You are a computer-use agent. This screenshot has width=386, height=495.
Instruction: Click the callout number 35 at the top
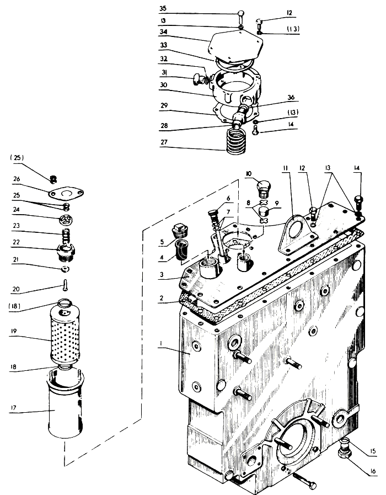[x=163, y=8]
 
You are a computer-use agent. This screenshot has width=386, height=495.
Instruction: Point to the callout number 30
[x=163, y=85]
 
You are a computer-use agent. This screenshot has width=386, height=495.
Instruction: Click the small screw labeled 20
[x=65, y=285]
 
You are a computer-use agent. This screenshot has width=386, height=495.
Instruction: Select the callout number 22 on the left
[x=16, y=242]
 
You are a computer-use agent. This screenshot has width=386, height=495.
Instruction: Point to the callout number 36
[x=291, y=97]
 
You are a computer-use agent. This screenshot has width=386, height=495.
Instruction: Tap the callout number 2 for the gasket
[x=162, y=298]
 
